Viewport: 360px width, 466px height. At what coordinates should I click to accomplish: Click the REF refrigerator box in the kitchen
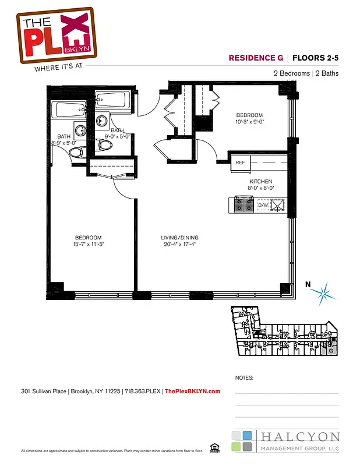tap(239, 163)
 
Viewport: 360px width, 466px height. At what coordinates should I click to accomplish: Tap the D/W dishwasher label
tap(263, 205)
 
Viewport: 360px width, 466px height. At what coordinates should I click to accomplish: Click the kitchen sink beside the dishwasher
tap(279, 205)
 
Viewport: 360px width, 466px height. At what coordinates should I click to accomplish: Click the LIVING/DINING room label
tap(180, 238)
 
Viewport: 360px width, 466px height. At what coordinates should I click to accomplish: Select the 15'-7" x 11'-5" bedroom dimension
tap(88, 245)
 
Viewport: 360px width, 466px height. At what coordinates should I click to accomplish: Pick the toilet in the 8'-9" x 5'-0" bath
tap(76, 153)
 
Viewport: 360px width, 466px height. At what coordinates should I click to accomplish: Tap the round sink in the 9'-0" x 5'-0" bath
tap(101, 121)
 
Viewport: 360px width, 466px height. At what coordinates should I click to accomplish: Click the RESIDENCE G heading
tap(256, 58)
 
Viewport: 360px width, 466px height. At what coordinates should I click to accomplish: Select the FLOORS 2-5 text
tap(315, 58)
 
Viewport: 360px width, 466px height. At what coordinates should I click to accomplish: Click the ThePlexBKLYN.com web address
tap(193, 391)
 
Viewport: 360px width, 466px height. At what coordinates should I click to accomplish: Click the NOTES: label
tap(244, 377)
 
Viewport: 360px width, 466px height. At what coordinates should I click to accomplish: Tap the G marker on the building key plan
tap(330, 351)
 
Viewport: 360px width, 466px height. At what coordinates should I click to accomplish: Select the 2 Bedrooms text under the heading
tap(291, 73)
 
